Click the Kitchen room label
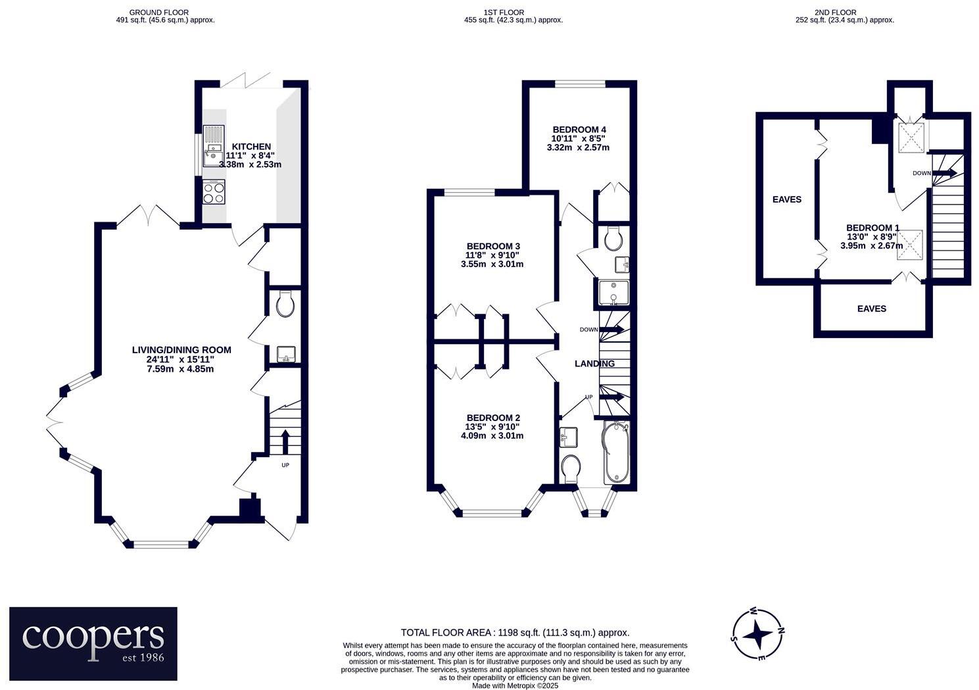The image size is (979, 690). coord(252,147)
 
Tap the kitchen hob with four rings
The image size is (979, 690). coord(214,192)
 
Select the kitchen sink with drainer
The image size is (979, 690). coord(214,146)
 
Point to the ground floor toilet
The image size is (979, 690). coord(285,305)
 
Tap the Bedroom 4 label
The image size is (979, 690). coord(578,130)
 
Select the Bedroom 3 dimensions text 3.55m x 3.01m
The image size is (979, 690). coord(492,264)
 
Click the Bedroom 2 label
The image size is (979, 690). coord(493,418)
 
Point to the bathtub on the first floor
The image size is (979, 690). coord(617,454)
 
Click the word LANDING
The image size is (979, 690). coord(594,364)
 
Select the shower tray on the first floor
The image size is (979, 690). coord(613,293)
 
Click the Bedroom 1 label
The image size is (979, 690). coord(872,228)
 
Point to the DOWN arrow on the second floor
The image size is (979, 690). coord(943,173)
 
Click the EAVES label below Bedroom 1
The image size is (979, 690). coord(872,308)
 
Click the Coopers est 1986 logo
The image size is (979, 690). coord(93,643)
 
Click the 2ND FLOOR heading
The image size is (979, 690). coord(844,12)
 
